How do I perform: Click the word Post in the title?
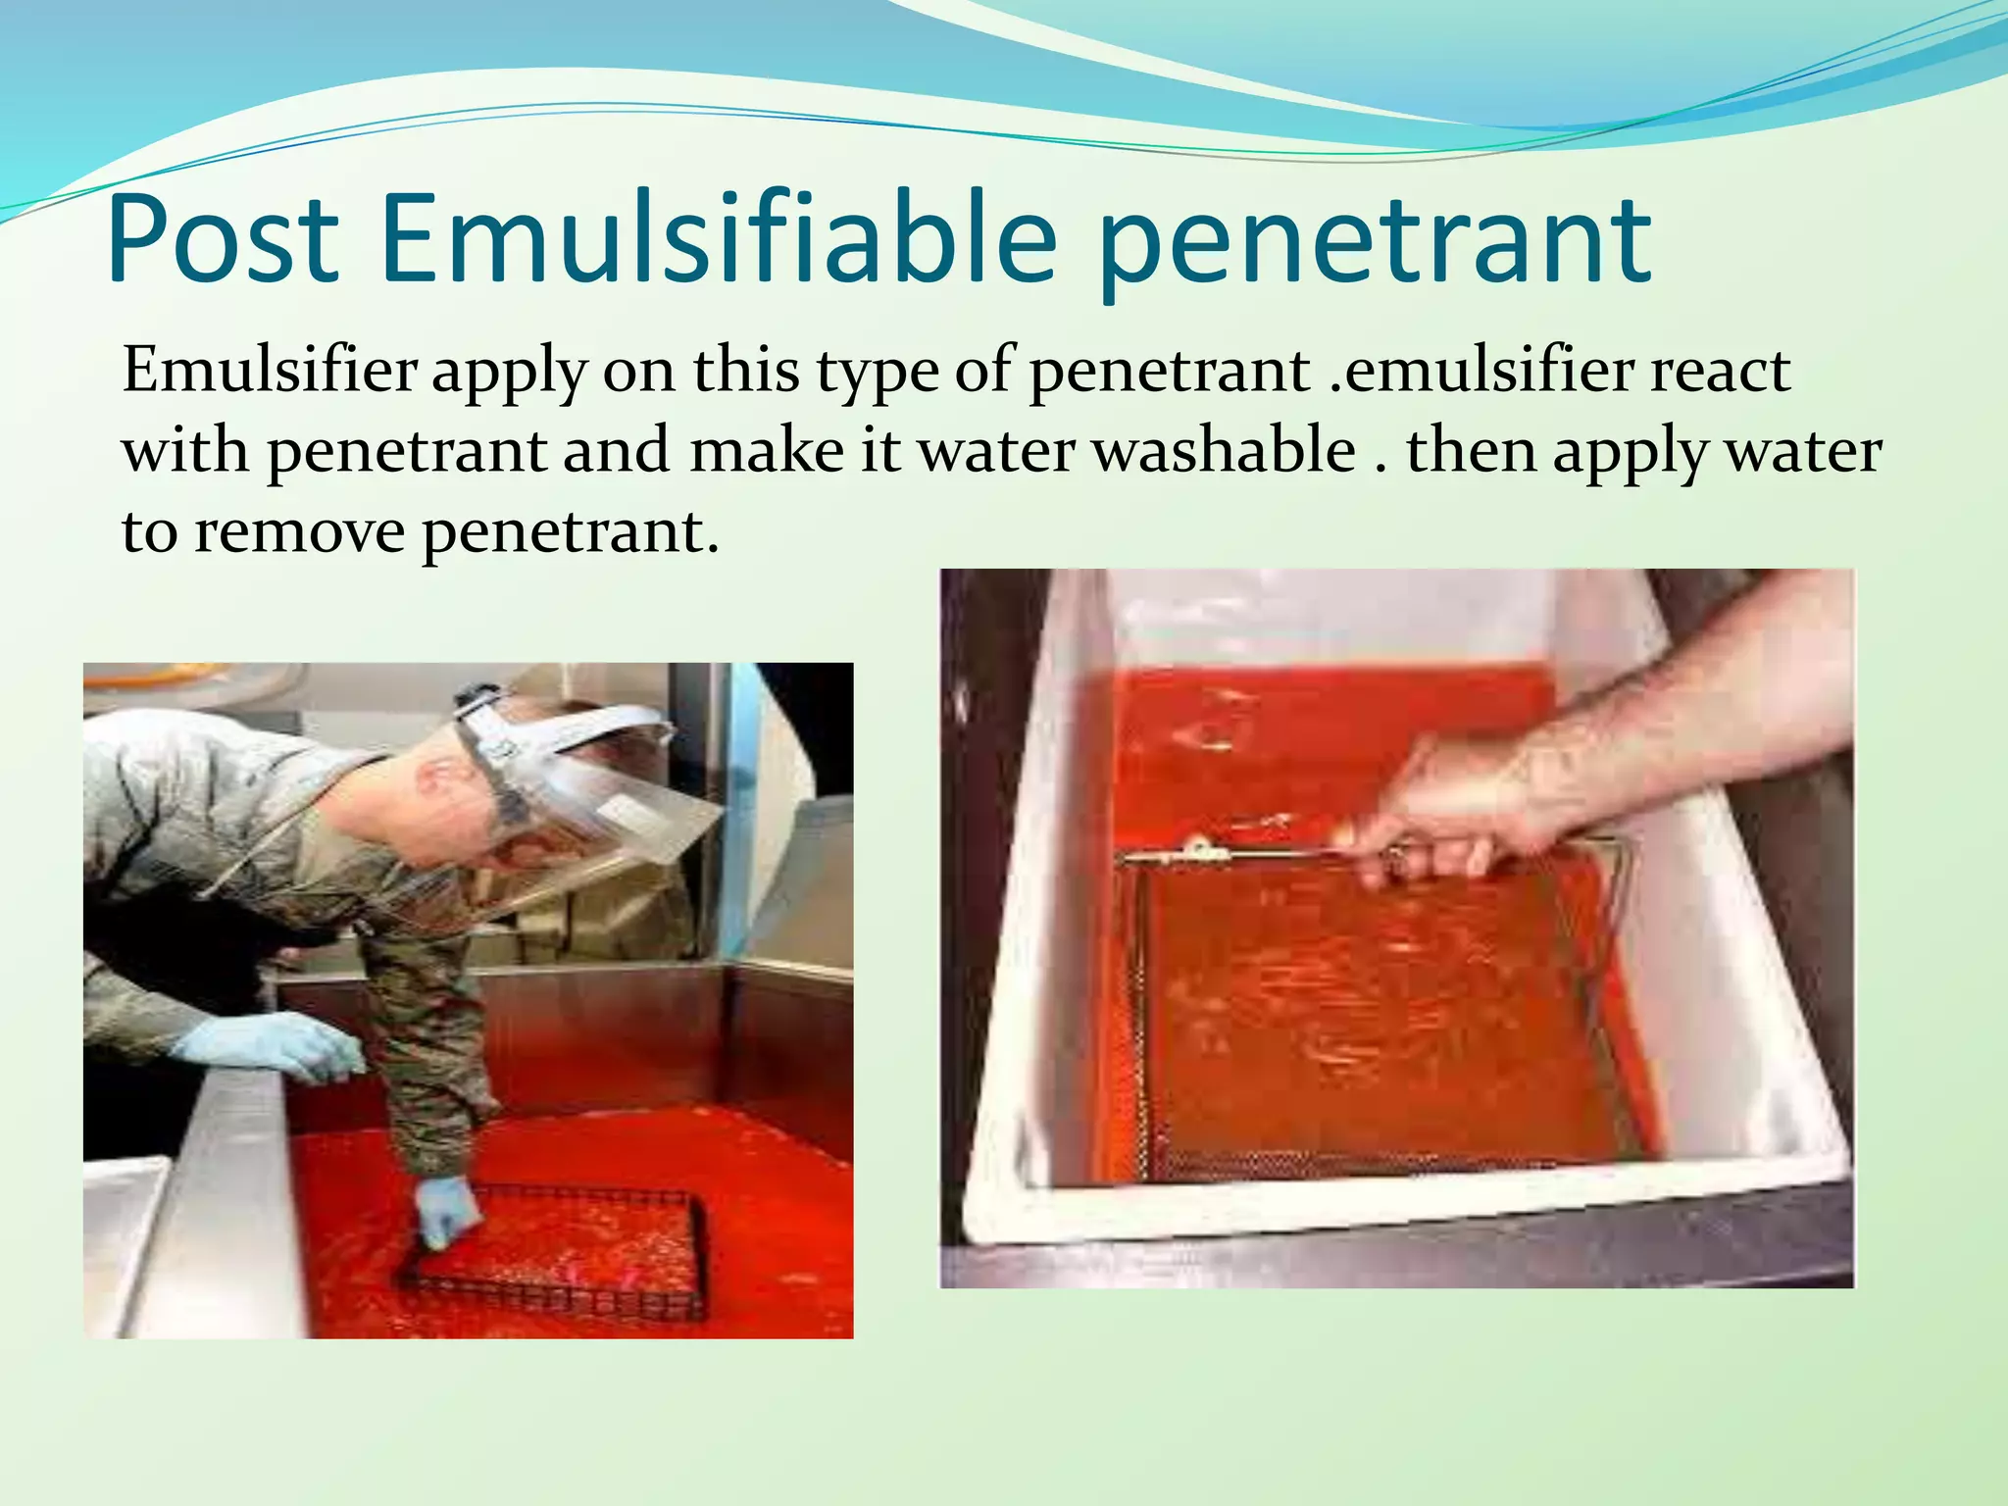[x=224, y=240]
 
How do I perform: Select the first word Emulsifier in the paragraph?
[x=270, y=373]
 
